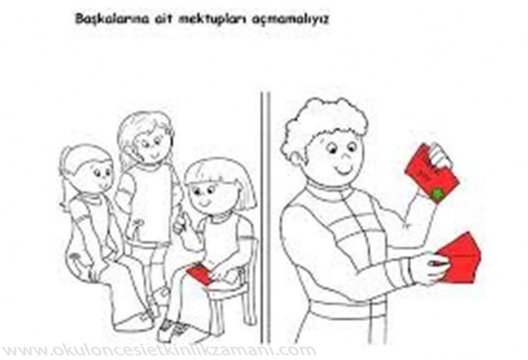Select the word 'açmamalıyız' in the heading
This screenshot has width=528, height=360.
291,19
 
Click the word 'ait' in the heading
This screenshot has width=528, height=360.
164,19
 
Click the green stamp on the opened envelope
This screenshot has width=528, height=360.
438,194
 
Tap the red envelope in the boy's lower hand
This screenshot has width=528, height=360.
458,258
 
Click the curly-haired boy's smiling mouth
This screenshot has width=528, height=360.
345,170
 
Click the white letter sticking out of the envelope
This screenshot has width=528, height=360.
442,156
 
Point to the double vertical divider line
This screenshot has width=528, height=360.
265,217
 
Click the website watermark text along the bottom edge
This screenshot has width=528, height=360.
158,350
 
